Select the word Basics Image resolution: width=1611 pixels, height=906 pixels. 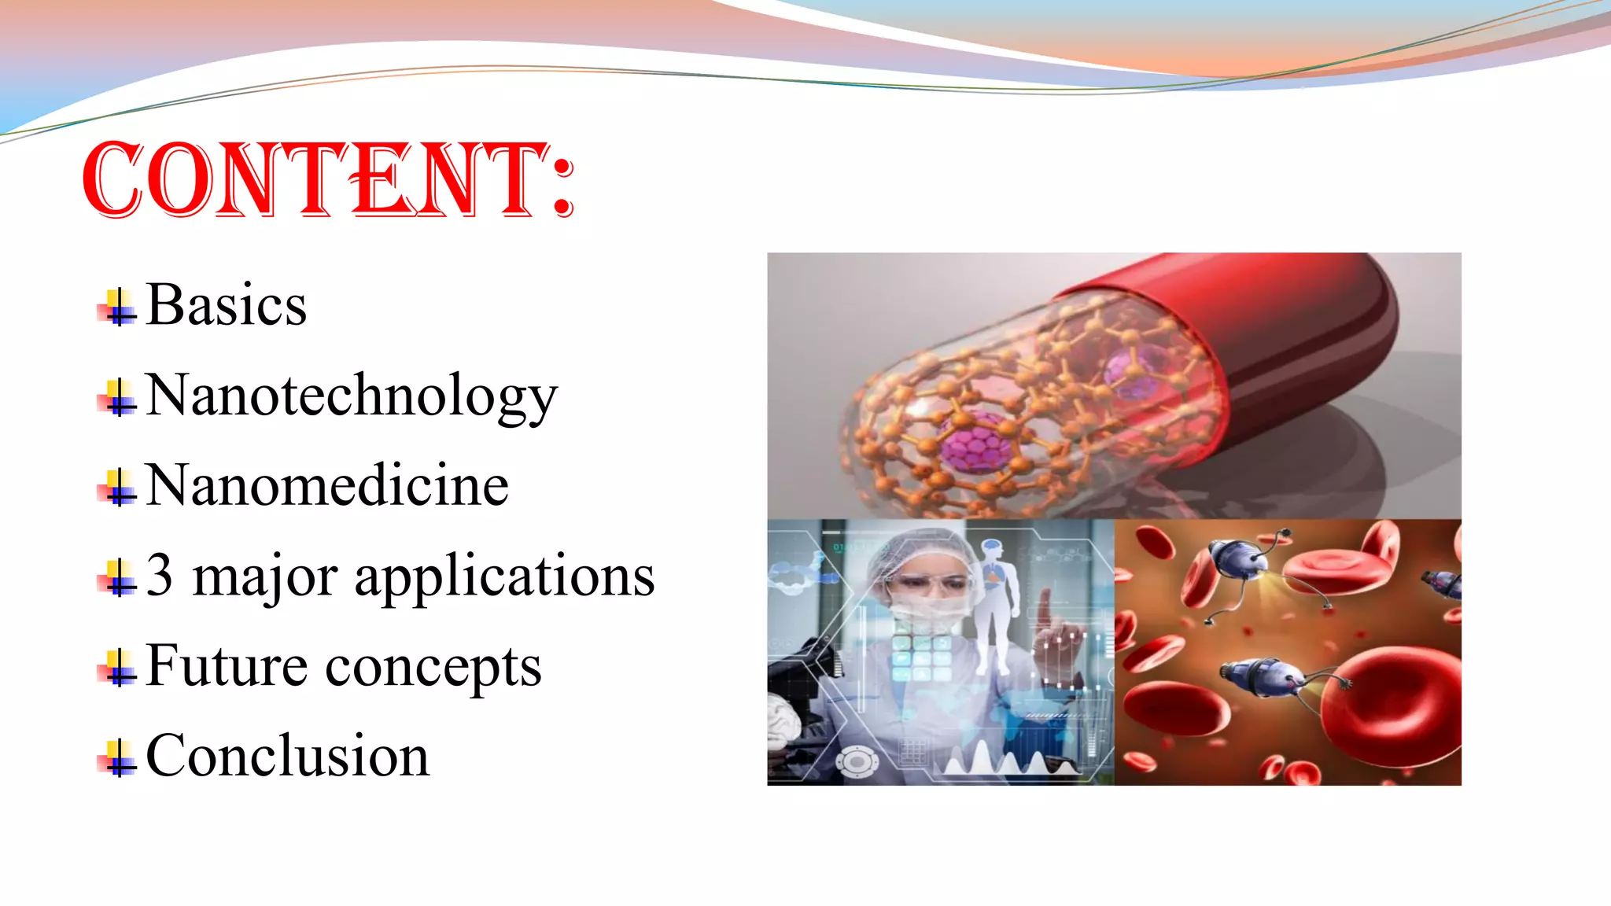point(227,305)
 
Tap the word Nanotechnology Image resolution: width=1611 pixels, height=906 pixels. point(352,396)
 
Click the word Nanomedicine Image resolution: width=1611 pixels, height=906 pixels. point(327,485)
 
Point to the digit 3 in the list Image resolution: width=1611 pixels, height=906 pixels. point(160,575)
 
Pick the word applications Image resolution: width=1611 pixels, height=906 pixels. point(504,576)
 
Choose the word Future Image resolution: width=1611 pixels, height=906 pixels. point(227,666)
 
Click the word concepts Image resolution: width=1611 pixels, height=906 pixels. point(433,668)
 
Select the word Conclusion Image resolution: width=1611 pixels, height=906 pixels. point(288,756)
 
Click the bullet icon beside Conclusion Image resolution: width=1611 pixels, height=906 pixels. point(117,758)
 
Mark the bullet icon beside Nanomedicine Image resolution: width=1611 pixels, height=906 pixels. point(117,488)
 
